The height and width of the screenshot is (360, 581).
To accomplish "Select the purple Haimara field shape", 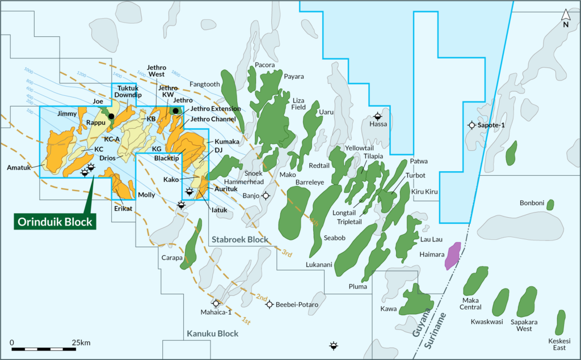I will click(452, 255).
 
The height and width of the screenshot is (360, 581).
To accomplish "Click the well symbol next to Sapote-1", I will click(471, 125).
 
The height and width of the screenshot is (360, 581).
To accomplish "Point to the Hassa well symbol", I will click(378, 116).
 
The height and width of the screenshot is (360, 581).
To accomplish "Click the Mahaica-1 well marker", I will click(216, 303).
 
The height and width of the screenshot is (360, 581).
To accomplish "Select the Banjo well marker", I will click(266, 196).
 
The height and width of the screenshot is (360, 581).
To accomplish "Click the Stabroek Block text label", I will click(239, 240).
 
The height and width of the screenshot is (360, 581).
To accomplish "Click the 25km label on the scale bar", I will click(82, 342).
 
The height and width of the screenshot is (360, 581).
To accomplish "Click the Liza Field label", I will click(298, 103).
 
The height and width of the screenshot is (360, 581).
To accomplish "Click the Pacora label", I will click(264, 65).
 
